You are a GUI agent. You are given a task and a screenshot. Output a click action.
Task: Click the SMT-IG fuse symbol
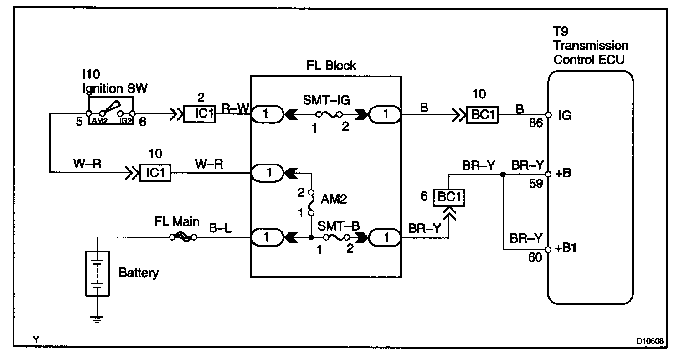point(327,114)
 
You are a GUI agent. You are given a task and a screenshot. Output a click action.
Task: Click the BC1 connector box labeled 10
point(482,114)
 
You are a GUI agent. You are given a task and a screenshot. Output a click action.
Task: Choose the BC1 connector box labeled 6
point(449,197)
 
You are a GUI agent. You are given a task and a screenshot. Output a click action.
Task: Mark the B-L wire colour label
point(220,227)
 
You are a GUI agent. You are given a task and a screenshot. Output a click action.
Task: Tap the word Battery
point(139,273)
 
